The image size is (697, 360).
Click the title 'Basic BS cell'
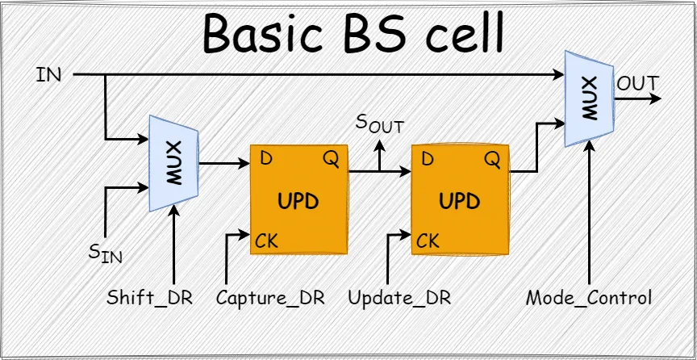click(353, 34)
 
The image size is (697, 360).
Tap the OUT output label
click(636, 84)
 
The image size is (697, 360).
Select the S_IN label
click(105, 253)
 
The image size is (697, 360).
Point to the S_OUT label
click(380, 125)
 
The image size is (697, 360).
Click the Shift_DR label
click(150, 297)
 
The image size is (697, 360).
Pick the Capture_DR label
click(270, 297)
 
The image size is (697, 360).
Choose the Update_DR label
click(399, 297)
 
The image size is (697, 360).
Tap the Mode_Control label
click(588, 297)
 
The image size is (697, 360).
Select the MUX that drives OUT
click(589, 98)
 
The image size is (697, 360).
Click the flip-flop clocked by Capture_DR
click(298, 199)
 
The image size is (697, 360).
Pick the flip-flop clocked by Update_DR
click(460, 199)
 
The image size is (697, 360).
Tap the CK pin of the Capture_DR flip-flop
click(267, 241)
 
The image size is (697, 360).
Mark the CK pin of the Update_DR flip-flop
click(428, 241)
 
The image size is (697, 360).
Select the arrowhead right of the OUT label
click(657, 98)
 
